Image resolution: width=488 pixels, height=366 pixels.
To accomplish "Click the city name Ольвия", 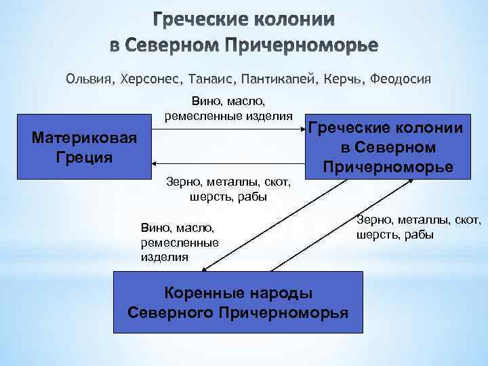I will (x=89, y=79).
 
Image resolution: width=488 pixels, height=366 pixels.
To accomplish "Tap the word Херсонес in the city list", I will (x=148, y=79).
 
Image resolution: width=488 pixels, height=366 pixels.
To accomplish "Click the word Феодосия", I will (x=400, y=79).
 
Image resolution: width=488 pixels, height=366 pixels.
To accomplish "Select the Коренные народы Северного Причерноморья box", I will (x=238, y=302).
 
